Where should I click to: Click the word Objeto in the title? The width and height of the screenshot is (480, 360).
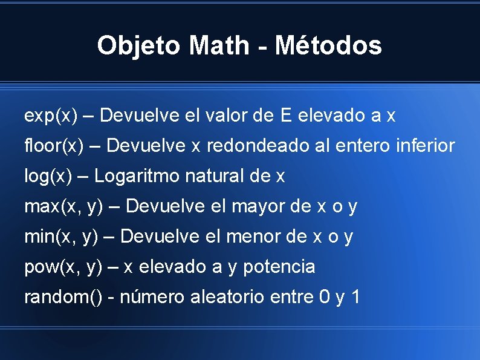pos(139,45)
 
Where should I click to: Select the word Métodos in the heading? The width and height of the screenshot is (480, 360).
pos(328,45)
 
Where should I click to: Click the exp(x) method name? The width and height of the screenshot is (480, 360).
pos(51,116)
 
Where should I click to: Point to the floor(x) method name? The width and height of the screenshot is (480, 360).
pos(54,146)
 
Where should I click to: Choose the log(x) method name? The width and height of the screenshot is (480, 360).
pos(50,176)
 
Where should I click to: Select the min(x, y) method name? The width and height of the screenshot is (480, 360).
pos(61,237)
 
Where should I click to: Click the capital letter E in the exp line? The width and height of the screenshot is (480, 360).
pos(286,116)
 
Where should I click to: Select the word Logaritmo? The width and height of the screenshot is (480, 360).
pos(137,176)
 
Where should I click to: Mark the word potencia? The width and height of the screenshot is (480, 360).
pos(279,267)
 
